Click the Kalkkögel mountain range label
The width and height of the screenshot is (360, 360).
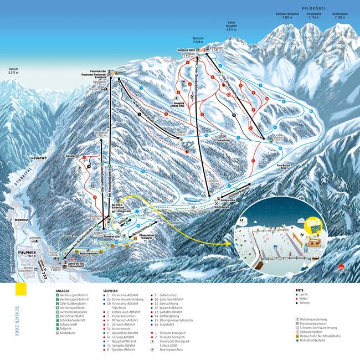click(314, 8)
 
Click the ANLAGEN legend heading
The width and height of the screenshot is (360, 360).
click(62, 290)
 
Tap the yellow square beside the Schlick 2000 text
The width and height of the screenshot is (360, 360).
click(20, 290)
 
